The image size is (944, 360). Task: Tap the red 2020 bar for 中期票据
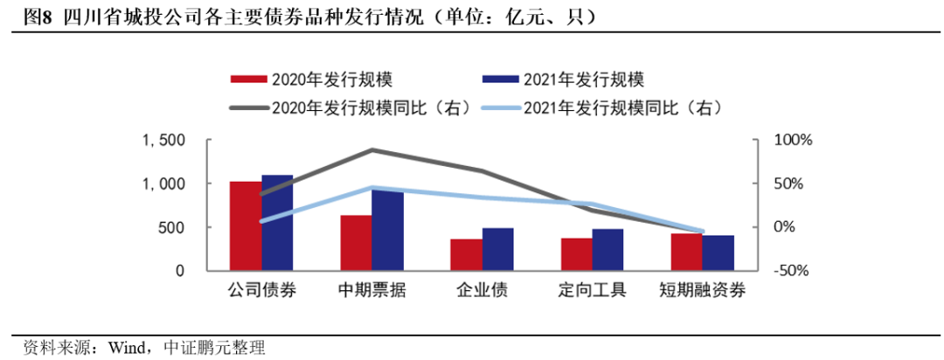point(356,242)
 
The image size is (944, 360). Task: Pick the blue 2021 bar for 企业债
point(498,249)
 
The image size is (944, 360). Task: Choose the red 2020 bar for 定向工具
point(576,253)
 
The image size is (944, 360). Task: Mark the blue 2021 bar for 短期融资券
point(718,253)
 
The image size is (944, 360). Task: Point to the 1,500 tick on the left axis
point(166,141)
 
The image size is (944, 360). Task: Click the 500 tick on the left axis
point(173,227)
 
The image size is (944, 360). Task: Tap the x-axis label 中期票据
point(371,290)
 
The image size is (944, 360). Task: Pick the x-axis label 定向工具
point(592,290)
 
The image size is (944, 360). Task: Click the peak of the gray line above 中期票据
point(371,150)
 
